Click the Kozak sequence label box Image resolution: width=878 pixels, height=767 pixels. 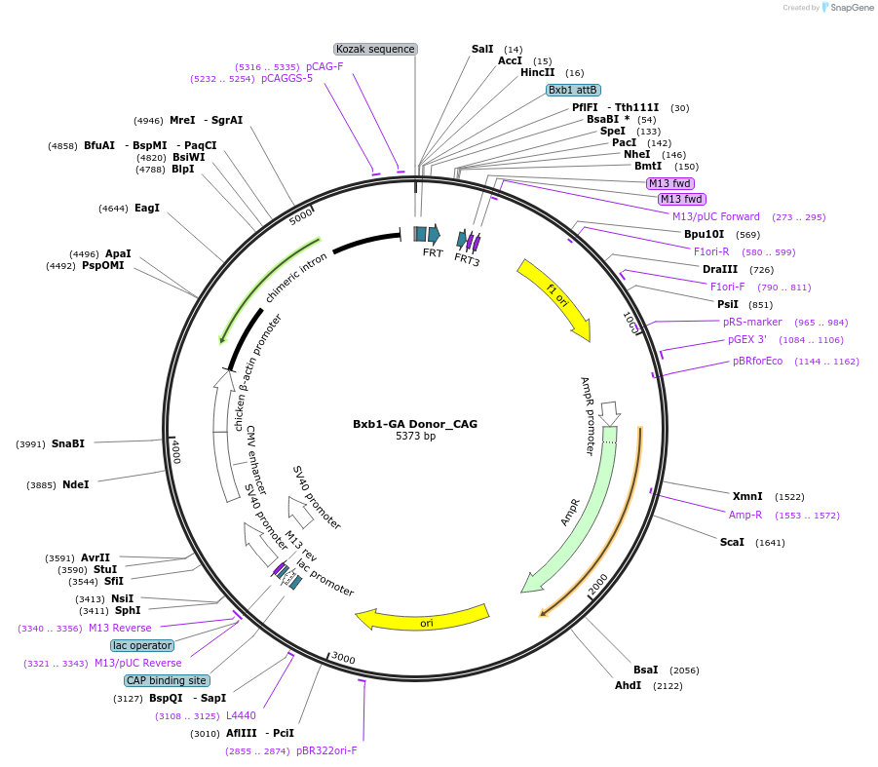(375, 49)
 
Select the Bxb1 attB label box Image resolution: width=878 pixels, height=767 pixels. (573, 90)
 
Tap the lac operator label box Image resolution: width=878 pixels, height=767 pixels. (142, 645)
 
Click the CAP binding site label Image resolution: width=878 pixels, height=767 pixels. (166, 680)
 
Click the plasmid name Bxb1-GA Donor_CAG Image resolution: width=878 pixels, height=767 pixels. (415, 424)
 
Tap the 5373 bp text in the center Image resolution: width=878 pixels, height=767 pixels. (415, 436)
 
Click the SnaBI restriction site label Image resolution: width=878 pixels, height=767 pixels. (68, 443)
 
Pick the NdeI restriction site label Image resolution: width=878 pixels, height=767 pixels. (75, 484)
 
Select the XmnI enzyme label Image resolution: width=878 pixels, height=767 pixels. (747, 496)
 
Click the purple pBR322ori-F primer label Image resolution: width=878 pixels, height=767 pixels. (326, 750)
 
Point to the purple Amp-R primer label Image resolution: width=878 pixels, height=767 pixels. (745, 515)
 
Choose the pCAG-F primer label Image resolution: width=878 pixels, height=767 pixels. (324, 66)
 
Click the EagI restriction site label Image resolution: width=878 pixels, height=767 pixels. (147, 208)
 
